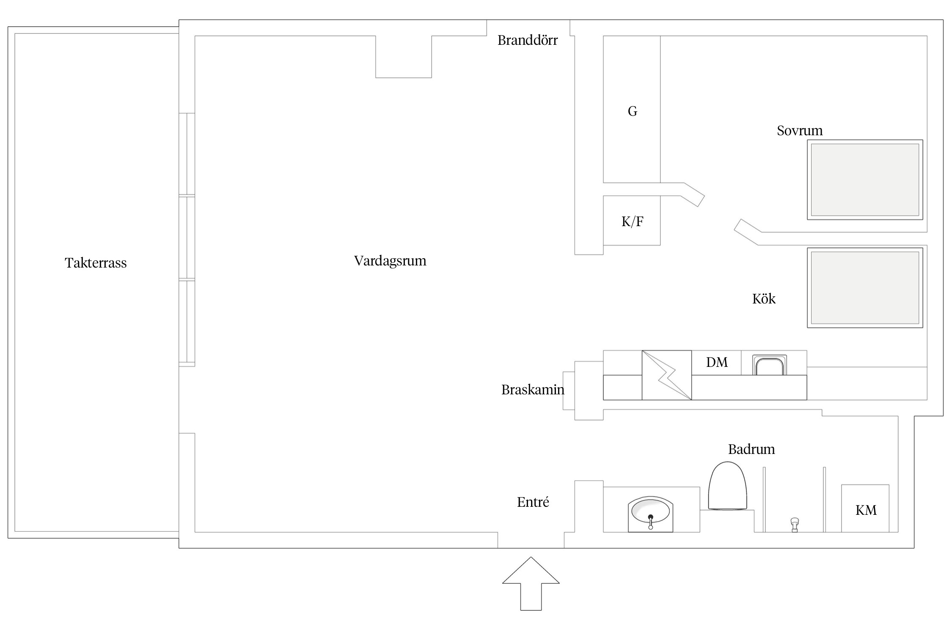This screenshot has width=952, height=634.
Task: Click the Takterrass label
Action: click(x=96, y=263)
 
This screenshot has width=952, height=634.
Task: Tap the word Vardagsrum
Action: click(x=390, y=261)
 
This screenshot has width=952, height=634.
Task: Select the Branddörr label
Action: click(x=527, y=40)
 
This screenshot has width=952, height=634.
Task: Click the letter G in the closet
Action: click(x=632, y=111)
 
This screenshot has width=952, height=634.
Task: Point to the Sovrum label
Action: click(x=799, y=131)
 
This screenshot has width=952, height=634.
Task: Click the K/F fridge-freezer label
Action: click(x=632, y=221)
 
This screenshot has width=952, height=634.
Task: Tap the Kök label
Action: click(x=764, y=299)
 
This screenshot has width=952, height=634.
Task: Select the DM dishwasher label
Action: click(x=717, y=362)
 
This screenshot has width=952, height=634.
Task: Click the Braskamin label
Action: click(x=532, y=389)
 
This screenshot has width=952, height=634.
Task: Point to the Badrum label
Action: click(x=751, y=449)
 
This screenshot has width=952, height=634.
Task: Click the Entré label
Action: click(x=533, y=502)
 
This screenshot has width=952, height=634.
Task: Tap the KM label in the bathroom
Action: click(x=866, y=510)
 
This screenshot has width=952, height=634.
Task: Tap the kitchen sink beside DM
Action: click(x=770, y=365)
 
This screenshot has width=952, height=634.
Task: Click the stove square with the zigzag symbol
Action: click(x=666, y=375)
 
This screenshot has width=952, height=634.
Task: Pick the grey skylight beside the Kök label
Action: click(x=865, y=287)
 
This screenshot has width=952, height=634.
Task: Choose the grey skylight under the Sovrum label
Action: click(x=865, y=180)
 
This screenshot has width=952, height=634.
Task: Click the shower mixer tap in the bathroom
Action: click(x=795, y=524)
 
